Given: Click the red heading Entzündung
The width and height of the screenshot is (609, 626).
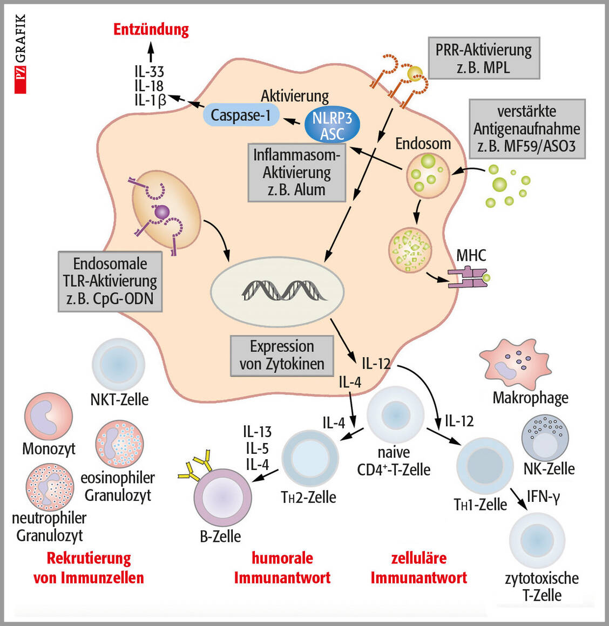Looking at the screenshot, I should (x=151, y=29).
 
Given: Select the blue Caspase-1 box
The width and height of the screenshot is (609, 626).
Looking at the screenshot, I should (x=241, y=114).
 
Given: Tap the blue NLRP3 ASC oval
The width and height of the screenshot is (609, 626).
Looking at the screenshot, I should (x=331, y=125).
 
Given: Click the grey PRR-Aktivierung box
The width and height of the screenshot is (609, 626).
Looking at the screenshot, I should (x=484, y=58).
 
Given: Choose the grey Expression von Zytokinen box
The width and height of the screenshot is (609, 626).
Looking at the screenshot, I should (x=282, y=355).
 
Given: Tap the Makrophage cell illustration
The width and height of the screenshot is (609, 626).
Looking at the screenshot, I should (x=513, y=363).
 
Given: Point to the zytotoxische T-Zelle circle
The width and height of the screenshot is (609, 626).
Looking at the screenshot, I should (x=537, y=540).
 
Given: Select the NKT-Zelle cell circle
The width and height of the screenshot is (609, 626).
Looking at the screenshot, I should (x=119, y=363).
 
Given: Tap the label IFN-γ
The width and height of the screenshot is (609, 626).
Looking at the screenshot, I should (x=543, y=495).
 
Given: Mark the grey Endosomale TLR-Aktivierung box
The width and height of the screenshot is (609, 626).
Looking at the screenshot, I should (x=110, y=281).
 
